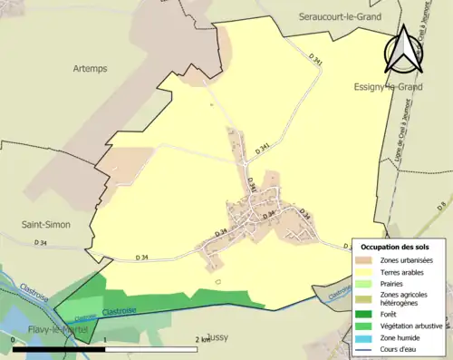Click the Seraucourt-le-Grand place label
[340, 16]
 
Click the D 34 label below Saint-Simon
[41, 242]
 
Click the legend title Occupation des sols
[395, 247]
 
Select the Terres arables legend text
[406, 272]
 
